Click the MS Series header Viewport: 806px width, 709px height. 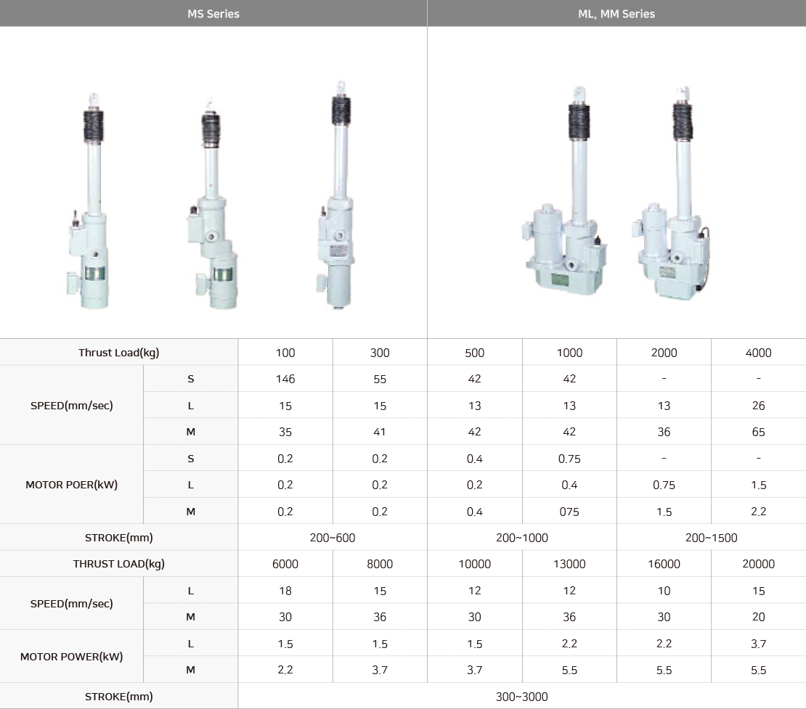pos(213,14)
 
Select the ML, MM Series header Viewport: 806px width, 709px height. pos(616,14)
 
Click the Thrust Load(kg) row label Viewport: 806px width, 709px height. pos(119,353)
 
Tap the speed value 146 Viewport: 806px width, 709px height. pos(285,379)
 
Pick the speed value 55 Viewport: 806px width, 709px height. pos(380,379)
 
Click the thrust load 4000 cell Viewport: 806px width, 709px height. pos(758,353)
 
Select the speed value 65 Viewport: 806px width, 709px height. pos(758,432)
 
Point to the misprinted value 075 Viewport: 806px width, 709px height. pos(569,512)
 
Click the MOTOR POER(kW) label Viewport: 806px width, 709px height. pos(71,485)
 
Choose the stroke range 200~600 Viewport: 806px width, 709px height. pos(333,538)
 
